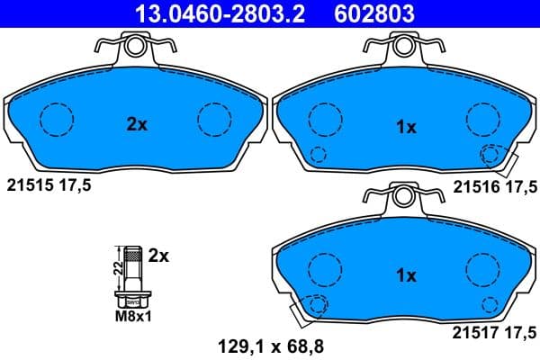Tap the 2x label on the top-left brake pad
point(136,125)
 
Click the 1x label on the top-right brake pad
point(406,127)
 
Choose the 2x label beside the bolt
point(158,256)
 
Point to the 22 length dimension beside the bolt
point(117,265)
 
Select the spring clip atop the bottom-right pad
point(401,195)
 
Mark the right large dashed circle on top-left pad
point(214,118)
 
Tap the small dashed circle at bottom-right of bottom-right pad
point(490,302)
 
